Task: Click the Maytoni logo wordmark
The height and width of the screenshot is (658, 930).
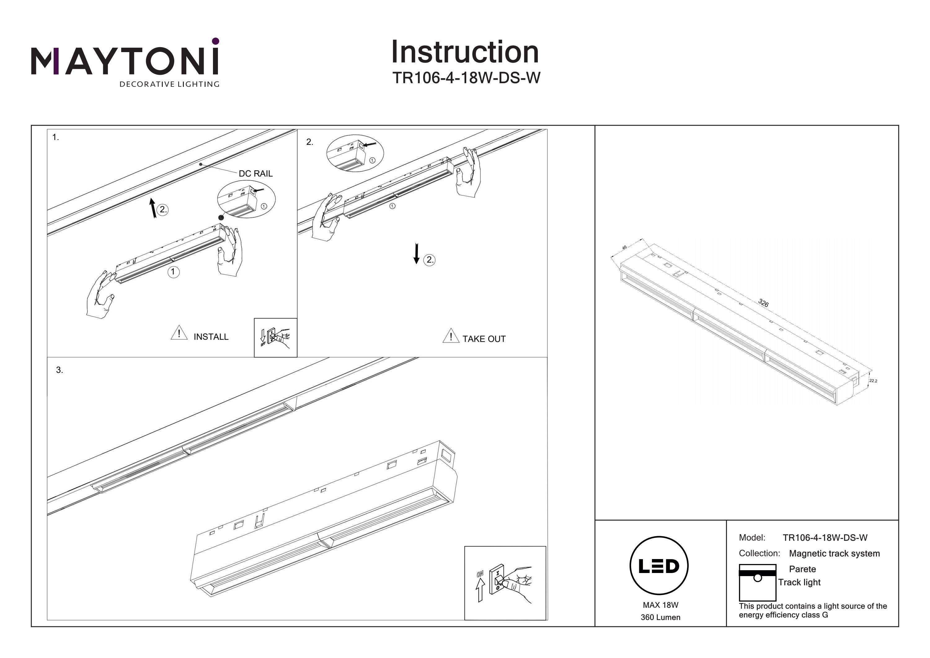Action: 125,61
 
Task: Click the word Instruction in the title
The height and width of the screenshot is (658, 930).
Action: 465,52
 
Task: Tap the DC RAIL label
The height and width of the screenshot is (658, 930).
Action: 255,173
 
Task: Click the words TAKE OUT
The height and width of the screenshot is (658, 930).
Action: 484,339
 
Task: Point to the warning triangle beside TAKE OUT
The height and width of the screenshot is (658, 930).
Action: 451,336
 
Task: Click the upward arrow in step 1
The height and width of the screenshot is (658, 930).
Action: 153,208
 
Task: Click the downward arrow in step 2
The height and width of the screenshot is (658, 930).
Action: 416,253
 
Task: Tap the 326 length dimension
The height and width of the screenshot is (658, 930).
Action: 763,303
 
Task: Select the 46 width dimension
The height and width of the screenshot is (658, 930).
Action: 624,247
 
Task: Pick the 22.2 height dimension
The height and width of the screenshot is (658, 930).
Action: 873,381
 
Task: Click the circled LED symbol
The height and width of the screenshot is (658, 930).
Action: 659,566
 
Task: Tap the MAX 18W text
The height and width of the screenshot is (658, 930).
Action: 660,605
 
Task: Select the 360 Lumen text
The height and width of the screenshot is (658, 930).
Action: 660,617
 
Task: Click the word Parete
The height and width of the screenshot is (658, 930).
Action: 802,569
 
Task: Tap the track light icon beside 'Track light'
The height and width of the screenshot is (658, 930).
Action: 757,582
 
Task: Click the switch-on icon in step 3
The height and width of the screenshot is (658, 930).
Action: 505,583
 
